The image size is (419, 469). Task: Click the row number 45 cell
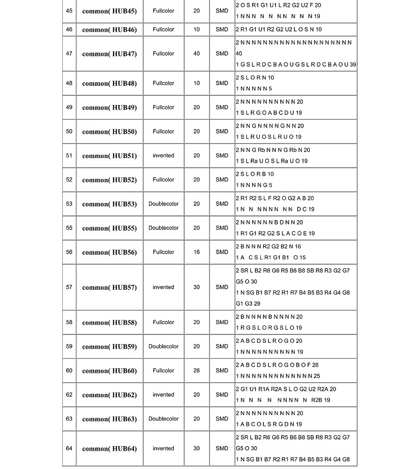[x=69, y=11]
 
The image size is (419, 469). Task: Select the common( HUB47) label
[x=109, y=54]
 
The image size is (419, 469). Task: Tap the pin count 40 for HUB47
[x=196, y=53]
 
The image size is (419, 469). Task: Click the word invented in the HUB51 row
[x=163, y=156]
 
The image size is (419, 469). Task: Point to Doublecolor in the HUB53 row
[x=163, y=204]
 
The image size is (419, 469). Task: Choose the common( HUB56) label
[x=109, y=252]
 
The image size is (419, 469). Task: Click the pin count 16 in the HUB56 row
[x=196, y=252]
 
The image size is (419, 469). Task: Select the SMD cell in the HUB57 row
[x=222, y=287]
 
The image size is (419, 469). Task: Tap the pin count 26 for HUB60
[x=196, y=371]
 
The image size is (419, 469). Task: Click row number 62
[x=69, y=395]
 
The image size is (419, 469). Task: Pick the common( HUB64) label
[x=109, y=449]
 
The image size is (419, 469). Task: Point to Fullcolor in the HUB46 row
[x=163, y=30]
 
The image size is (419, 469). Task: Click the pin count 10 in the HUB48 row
[x=196, y=83]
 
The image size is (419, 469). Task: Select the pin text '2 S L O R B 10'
[x=254, y=174]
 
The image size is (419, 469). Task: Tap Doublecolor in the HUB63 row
[x=163, y=419]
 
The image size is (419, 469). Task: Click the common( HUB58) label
[x=109, y=323]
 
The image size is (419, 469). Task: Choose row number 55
[x=69, y=228]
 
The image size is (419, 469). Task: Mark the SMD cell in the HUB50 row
[x=222, y=132]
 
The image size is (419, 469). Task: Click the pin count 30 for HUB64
[x=196, y=448]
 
